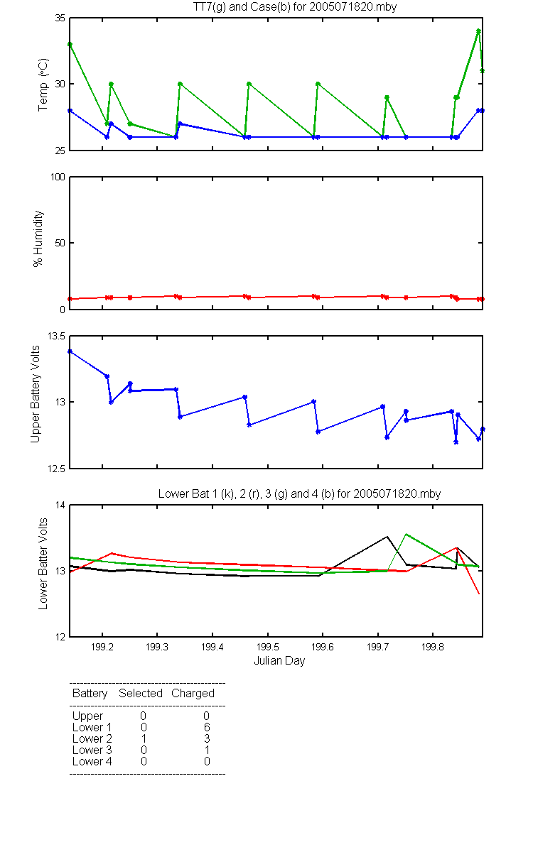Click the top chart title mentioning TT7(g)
[295, 7]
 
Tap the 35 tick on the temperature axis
[60, 18]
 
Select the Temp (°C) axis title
[43, 84]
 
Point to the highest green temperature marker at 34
[478, 31]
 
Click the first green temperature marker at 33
[70, 45]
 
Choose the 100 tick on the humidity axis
[58, 177]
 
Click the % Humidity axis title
[38, 239]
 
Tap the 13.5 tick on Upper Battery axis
[56, 337]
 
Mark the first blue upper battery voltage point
[70, 352]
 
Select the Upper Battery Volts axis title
[35, 394]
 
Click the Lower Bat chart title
[300, 493]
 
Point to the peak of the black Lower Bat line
[387, 537]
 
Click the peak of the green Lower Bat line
[407, 534]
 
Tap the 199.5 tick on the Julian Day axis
[268, 647]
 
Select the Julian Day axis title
[279, 661]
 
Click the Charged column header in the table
[193, 694]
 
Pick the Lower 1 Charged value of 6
[207, 727]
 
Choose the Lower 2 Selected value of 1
[144, 738]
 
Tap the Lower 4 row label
[92, 761]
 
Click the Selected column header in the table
[141, 694]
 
